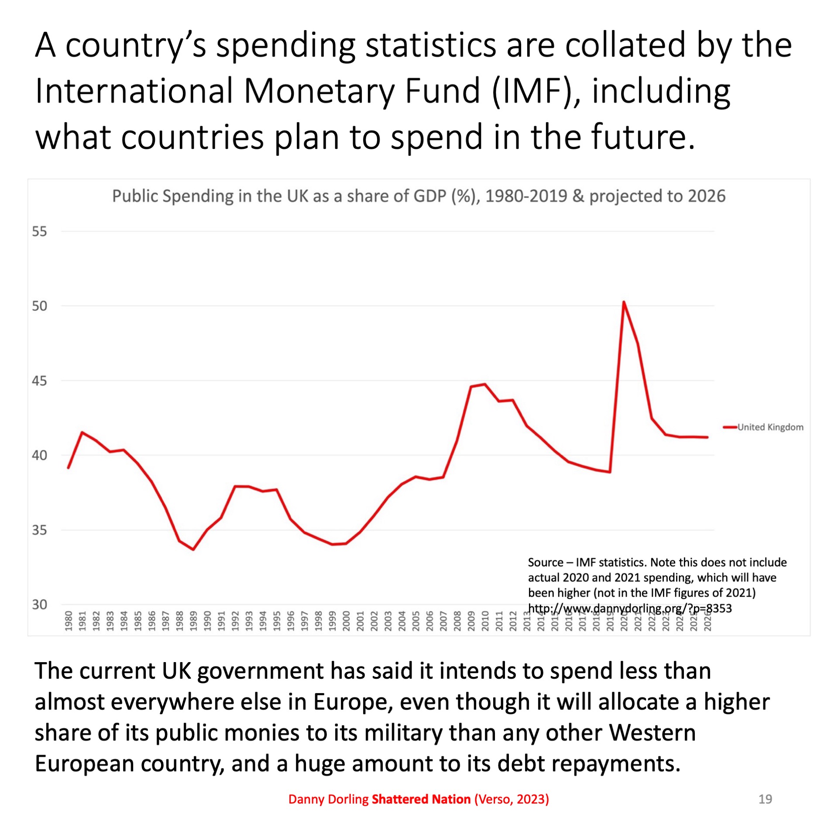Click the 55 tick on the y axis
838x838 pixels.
pyautogui.click(x=39, y=231)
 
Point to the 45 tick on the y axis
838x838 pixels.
pyautogui.click(x=39, y=381)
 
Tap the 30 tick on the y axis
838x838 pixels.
pyautogui.click(x=39, y=604)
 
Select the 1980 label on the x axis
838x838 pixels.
pyautogui.click(x=69, y=621)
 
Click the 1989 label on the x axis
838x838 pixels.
pyautogui.click(x=193, y=621)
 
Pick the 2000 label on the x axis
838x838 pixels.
pyautogui.click(x=346, y=621)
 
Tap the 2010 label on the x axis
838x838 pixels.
pyautogui.click(x=485, y=621)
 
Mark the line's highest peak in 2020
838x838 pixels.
pyautogui.click(x=624, y=302)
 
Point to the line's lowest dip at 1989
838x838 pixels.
pyautogui.click(x=193, y=549)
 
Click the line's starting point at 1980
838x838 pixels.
pyautogui.click(x=69, y=468)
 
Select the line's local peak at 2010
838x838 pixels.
pyautogui.click(x=485, y=385)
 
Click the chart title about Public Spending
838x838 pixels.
pyautogui.click(x=419, y=196)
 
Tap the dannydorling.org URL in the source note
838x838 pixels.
pyautogui.click(x=629, y=608)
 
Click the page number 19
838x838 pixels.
pyautogui.click(x=765, y=799)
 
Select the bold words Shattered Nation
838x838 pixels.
pyautogui.click(x=421, y=799)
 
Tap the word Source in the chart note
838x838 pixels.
pyautogui.click(x=546, y=562)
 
